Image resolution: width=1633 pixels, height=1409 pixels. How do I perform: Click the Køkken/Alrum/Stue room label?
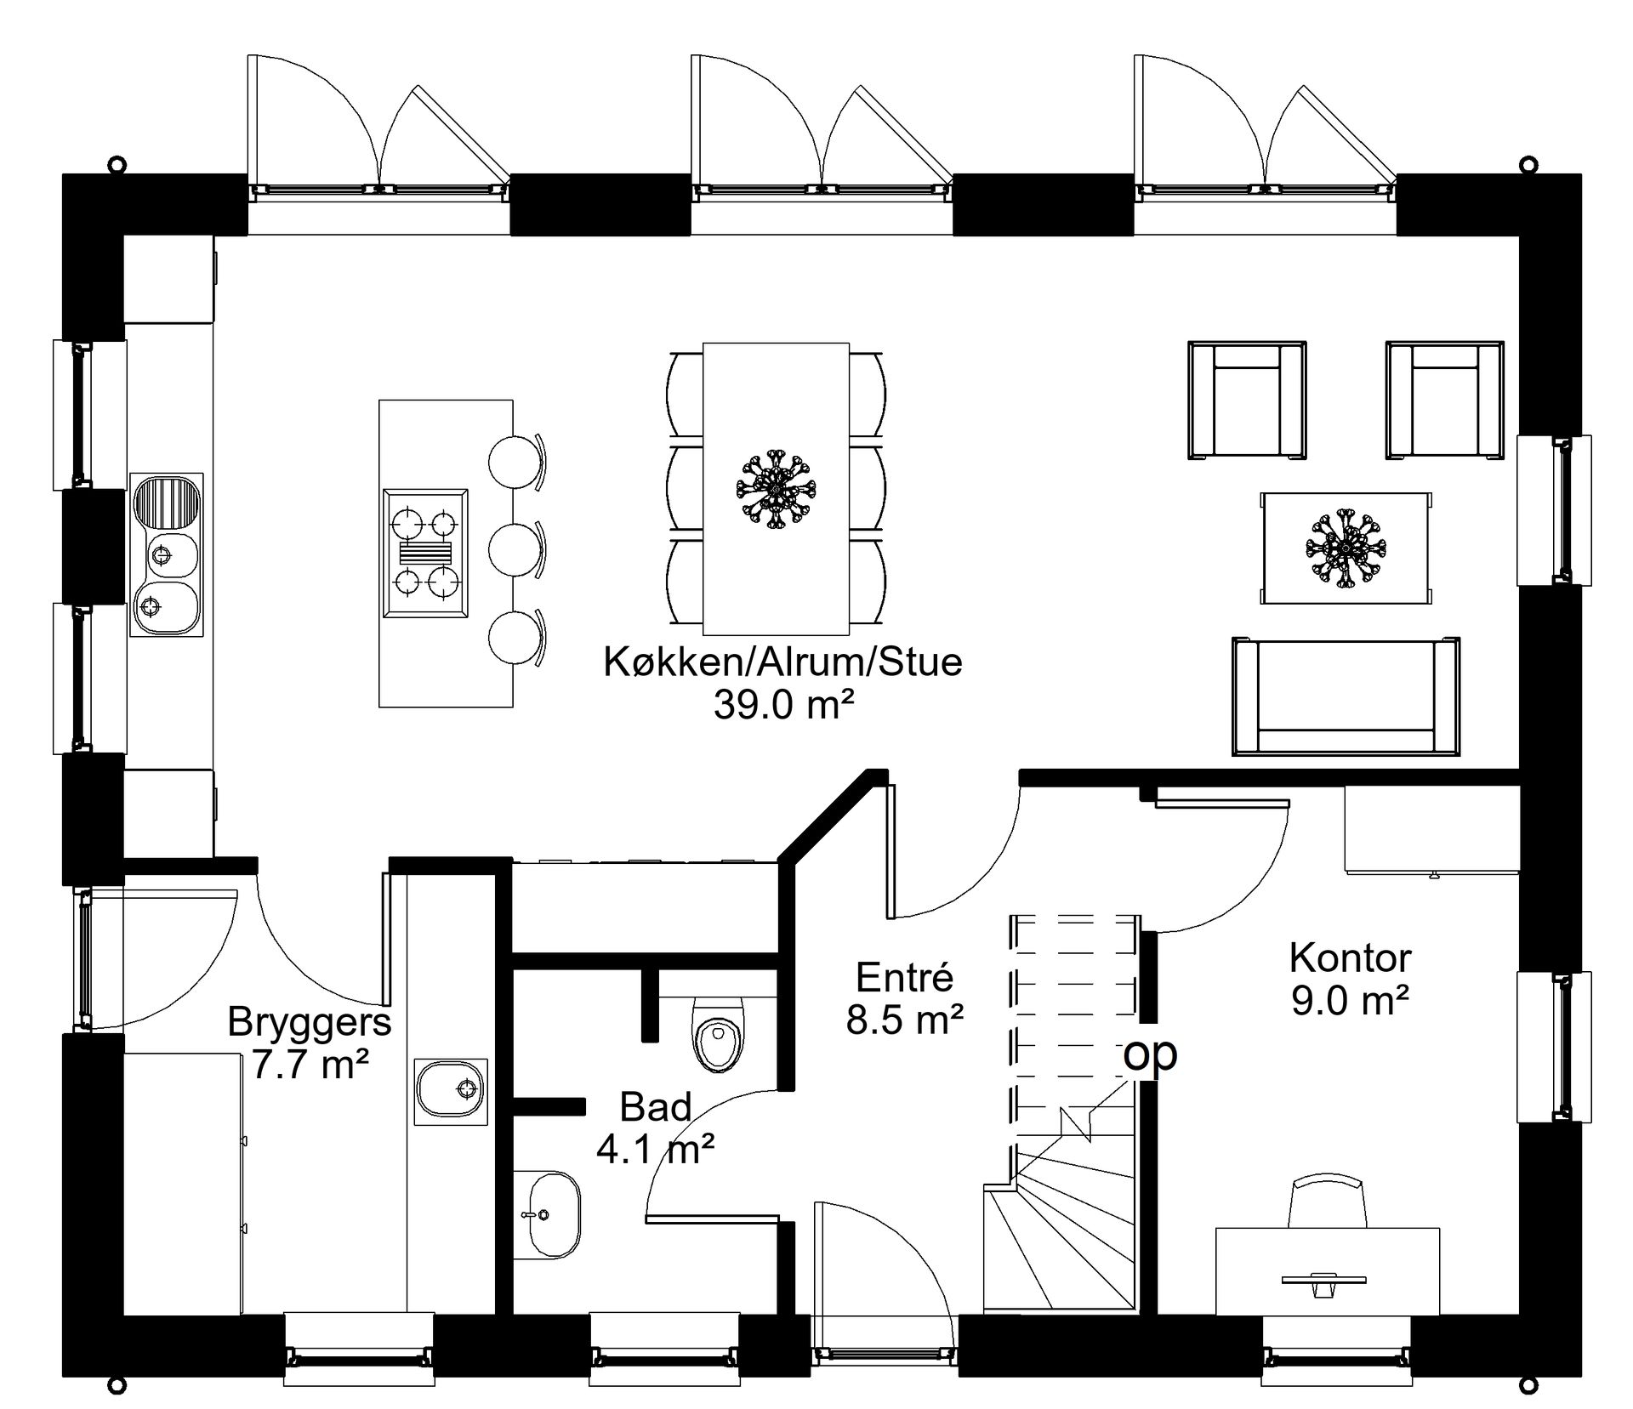click(782, 662)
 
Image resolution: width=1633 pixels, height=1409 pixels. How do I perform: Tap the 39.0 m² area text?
click(782, 704)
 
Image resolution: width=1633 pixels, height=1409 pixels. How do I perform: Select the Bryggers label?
click(310, 1021)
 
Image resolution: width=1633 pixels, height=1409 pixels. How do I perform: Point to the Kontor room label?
click(1350, 958)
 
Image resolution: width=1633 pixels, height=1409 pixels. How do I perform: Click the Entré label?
click(904, 978)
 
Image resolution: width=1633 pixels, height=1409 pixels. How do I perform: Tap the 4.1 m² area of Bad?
click(655, 1150)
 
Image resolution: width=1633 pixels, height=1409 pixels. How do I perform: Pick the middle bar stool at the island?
click(515, 548)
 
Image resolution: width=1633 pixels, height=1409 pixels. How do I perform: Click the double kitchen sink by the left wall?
click(167, 554)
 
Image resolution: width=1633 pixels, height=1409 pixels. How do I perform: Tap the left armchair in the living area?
click(1246, 400)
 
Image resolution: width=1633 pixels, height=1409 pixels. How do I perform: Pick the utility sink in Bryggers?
click(451, 1091)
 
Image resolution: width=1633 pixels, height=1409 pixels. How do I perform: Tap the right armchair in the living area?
click(1444, 400)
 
